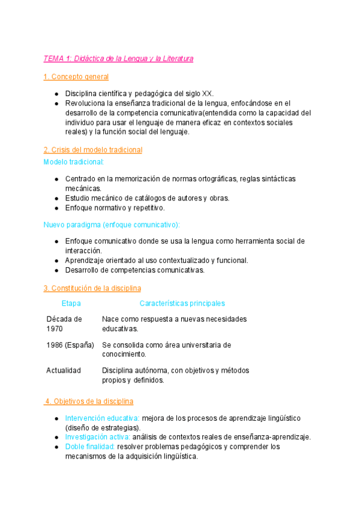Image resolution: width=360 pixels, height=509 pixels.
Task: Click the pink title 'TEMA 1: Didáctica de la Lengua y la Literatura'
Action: [x=118, y=59]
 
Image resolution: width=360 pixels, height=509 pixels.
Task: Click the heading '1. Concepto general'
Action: [x=76, y=77]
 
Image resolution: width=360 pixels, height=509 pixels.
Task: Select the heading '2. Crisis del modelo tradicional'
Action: [x=93, y=149]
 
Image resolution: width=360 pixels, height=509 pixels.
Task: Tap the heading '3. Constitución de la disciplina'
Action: [x=92, y=288]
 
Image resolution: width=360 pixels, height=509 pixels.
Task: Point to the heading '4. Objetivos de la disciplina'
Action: [x=89, y=401]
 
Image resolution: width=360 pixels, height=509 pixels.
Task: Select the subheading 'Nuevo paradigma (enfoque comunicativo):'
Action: [x=112, y=224]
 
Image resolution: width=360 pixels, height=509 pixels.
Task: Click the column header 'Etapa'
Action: [x=71, y=304]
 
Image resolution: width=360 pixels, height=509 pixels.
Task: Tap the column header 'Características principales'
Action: [x=182, y=304]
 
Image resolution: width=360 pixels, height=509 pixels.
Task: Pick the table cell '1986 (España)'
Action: [x=70, y=345]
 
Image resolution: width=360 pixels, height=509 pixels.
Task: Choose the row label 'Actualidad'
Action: [x=64, y=370]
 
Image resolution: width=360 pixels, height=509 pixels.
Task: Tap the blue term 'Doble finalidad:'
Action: [x=90, y=447]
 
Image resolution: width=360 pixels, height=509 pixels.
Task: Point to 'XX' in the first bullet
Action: [x=206, y=94]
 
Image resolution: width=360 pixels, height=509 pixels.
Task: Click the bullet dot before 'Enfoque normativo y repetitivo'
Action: [x=56, y=208]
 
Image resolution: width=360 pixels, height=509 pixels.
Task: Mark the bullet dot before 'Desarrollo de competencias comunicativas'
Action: [x=56, y=270]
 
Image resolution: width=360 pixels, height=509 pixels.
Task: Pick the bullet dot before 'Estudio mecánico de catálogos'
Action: [x=56, y=198]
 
